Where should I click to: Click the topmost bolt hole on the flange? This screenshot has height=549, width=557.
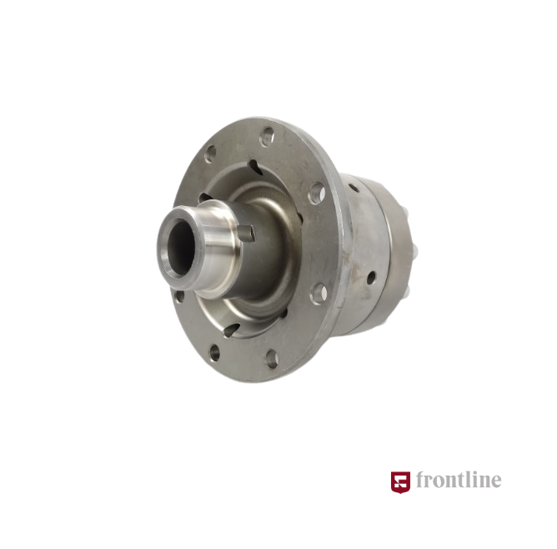tap(267, 137)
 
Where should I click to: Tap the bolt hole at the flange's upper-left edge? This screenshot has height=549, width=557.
tap(210, 154)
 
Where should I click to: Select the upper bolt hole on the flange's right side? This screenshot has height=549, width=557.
tap(317, 194)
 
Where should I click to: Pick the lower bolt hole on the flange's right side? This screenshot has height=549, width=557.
tap(319, 294)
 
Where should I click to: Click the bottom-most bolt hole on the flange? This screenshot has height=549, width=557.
tap(272, 359)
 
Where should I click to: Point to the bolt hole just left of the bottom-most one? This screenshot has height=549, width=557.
tap(215, 352)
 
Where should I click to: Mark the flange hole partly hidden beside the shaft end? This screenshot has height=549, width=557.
tap(179, 296)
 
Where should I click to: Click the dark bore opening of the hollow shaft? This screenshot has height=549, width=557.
tap(180, 247)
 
